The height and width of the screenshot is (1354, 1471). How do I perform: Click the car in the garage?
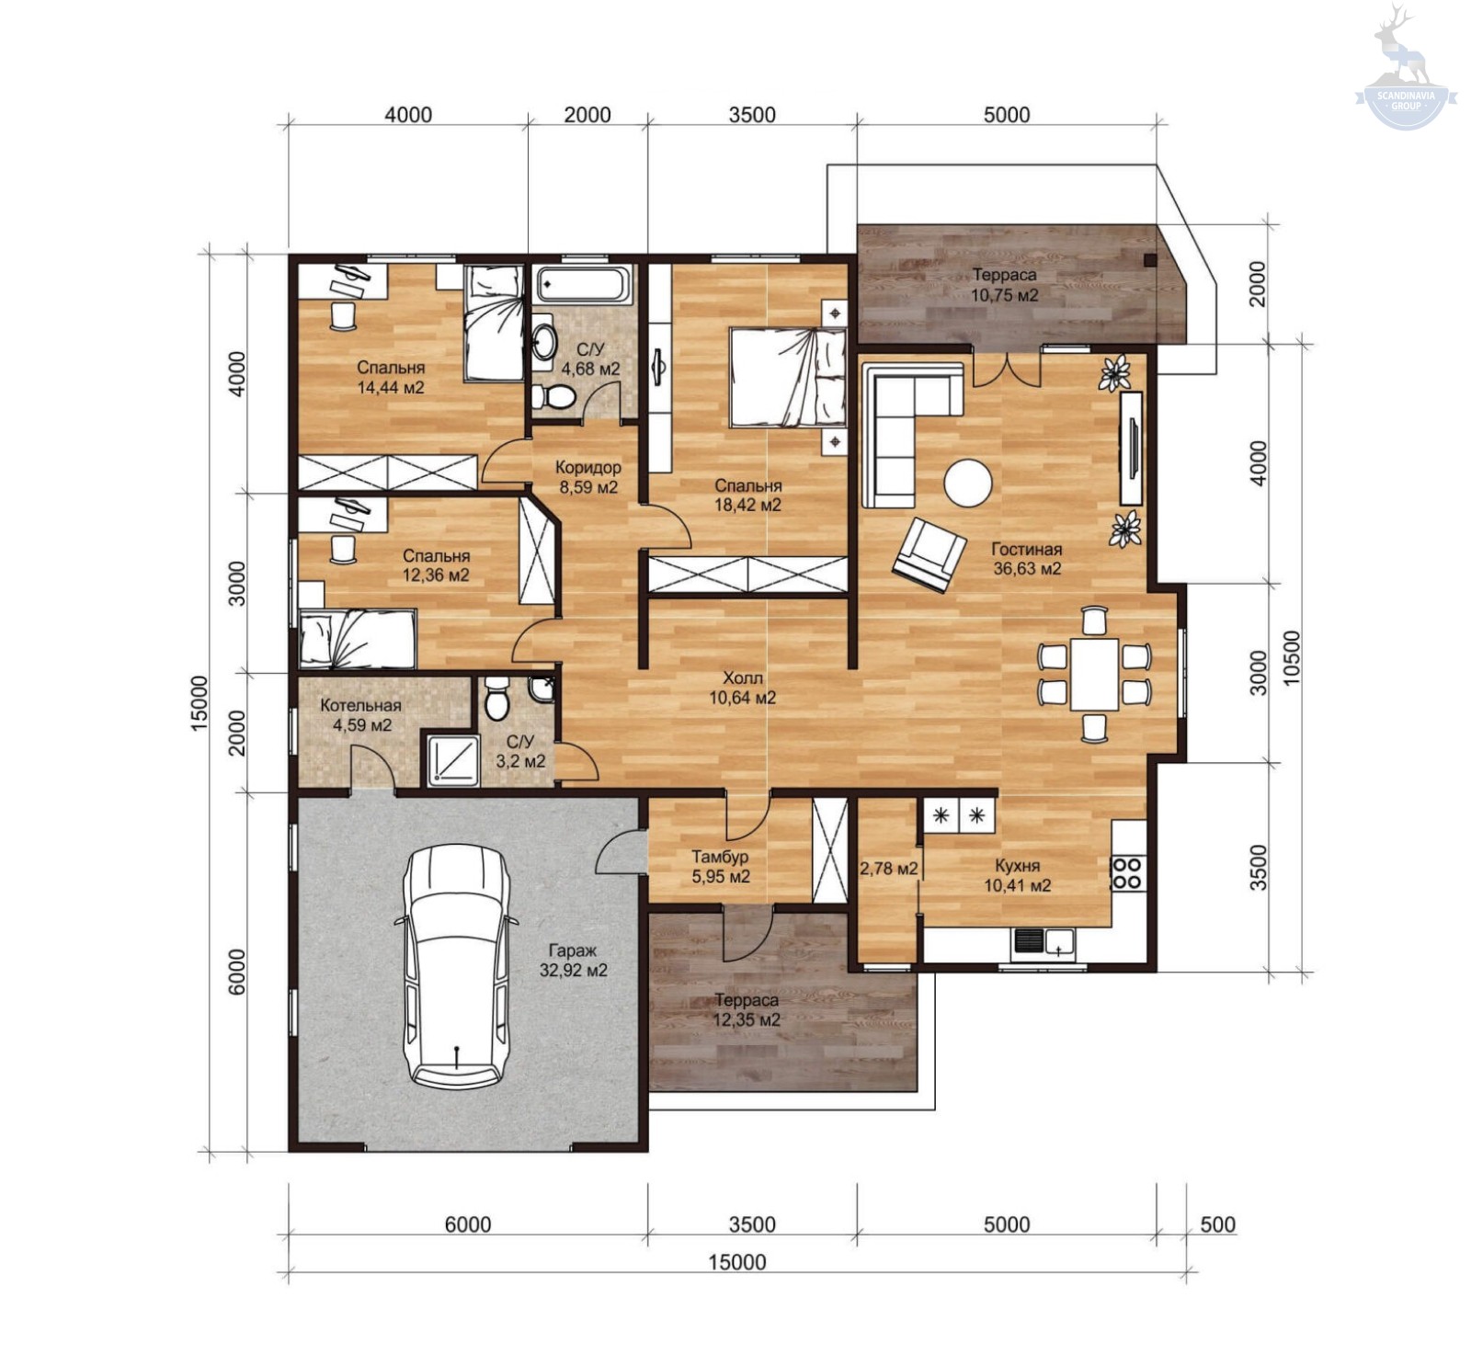(455, 965)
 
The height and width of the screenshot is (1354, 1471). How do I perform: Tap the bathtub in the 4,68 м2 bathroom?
(584, 285)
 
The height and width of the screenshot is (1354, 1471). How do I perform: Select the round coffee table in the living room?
(968, 482)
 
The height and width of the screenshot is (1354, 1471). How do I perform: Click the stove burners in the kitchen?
(1127, 873)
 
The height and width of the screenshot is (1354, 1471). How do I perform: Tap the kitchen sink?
(1043, 943)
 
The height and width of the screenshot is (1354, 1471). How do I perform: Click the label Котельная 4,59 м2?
(360, 715)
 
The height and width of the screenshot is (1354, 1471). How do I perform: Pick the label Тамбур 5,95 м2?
(721, 866)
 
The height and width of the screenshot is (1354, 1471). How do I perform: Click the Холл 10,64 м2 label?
(742, 688)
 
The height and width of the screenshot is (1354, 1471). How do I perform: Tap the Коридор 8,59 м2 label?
(588, 477)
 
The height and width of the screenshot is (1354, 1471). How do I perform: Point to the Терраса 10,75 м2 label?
(1005, 285)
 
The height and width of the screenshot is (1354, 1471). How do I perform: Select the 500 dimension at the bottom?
(1218, 1224)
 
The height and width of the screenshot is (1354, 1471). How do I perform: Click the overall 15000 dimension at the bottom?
(737, 1262)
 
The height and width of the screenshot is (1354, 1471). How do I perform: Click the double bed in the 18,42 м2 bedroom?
(788, 377)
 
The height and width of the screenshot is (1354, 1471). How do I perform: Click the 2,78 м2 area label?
(888, 868)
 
